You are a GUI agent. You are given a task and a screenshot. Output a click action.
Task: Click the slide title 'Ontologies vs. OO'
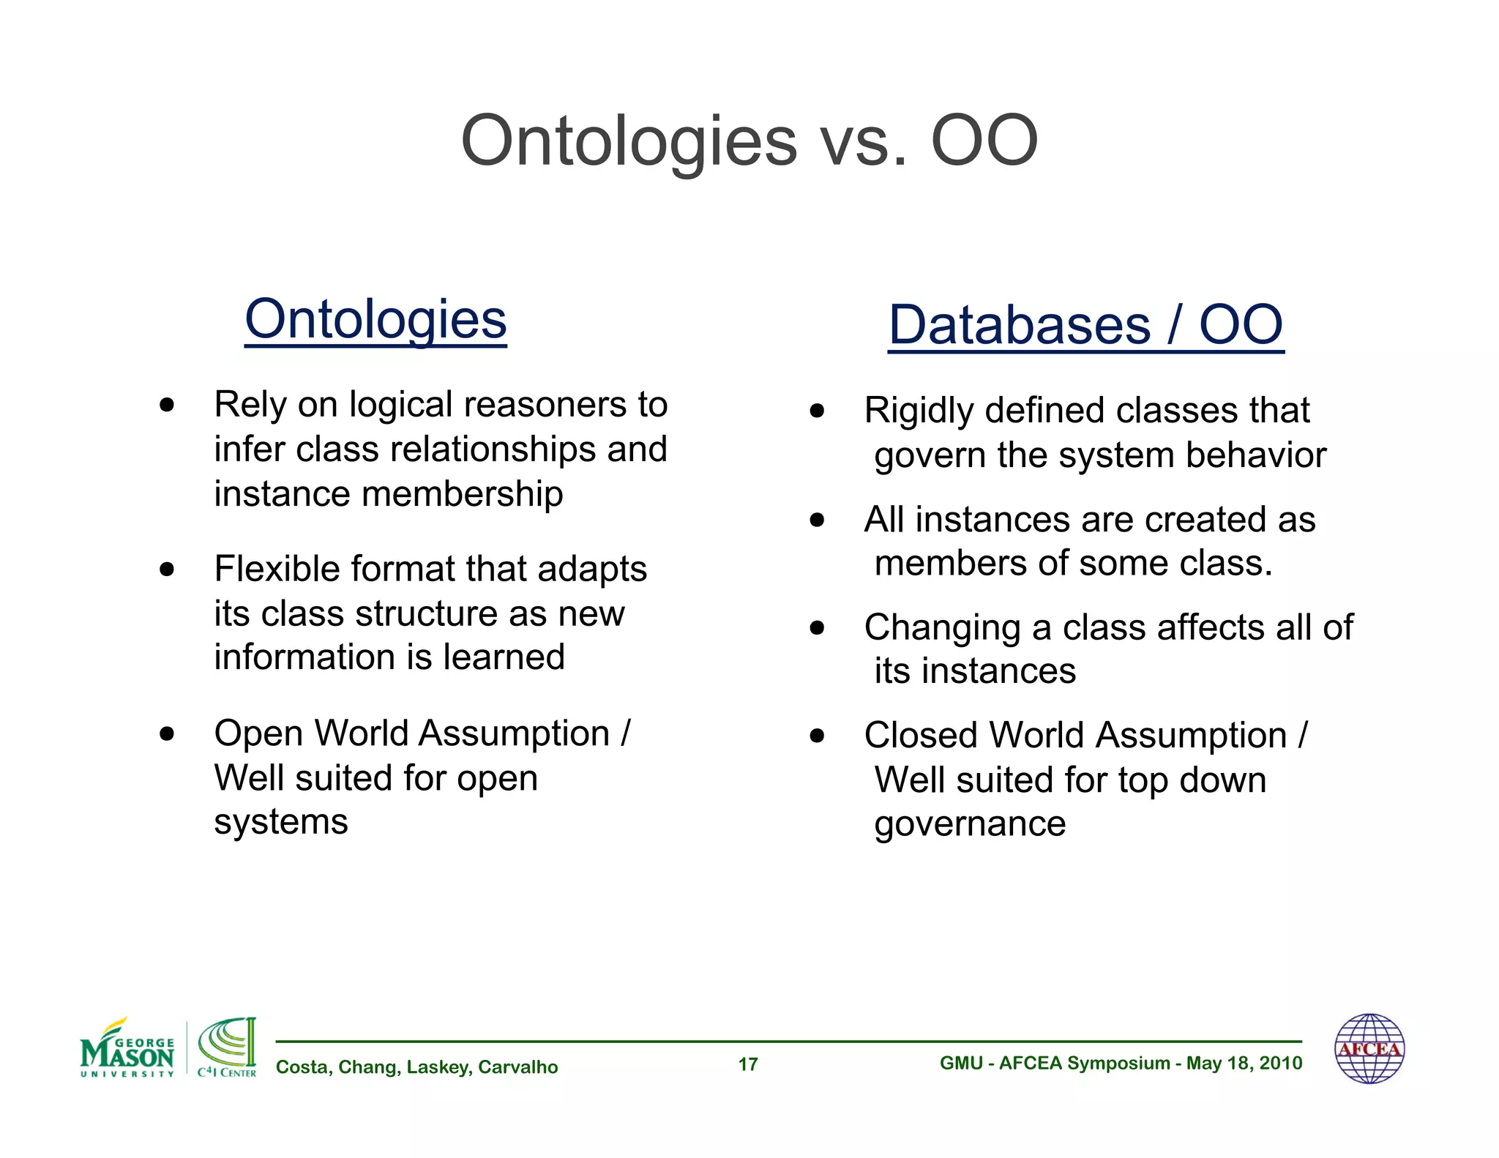(x=749, y=141)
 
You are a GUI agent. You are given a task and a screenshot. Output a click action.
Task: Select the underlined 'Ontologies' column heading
(x=375, y=320)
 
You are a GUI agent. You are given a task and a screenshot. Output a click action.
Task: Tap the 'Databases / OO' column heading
(x=1085, y=325)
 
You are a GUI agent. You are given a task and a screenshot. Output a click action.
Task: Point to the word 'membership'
(x=462, y=494)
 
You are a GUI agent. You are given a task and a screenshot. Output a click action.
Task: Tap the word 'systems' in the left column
(x=281, y=822)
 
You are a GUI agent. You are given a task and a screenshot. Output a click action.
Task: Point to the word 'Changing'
(x=942, y=628)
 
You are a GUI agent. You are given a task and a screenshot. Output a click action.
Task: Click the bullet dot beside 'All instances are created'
(x=817, y=520)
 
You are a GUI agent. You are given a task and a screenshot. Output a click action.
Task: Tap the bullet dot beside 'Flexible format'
(x=167, y=569)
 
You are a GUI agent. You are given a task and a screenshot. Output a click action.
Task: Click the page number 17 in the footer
(x=748, y=1064)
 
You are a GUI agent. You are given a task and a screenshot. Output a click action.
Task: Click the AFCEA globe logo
(x=1369, y=1048)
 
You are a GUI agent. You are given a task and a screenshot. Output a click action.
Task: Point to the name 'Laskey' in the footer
(x=438, y=1067)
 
